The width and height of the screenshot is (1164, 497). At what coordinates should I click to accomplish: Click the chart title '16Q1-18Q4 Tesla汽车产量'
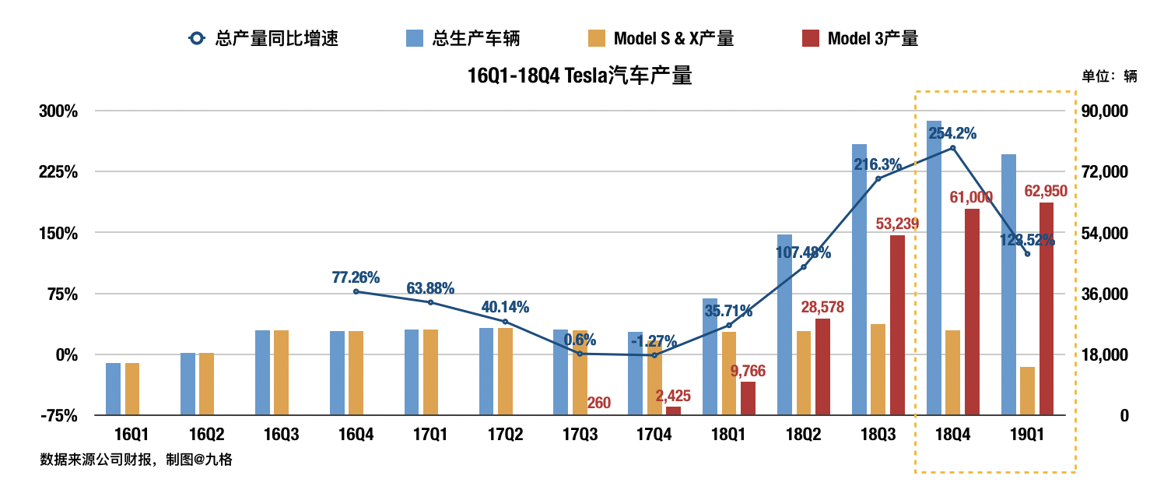coord(579,76)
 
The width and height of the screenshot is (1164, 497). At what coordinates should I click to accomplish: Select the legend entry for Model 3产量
coord(860,37)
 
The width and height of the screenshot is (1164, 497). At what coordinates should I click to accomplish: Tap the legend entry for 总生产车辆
coord(463,37)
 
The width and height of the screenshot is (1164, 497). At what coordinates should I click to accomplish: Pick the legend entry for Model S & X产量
coord(661,37)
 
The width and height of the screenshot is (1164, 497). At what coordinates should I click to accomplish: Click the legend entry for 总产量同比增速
coord(264,37)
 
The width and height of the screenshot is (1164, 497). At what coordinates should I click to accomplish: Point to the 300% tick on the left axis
coord(59,111)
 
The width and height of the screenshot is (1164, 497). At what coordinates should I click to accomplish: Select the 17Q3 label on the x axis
coord(579,434)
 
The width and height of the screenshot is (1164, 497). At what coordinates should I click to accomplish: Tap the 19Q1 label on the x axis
coord(1027,434)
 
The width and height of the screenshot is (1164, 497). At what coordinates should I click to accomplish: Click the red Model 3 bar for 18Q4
coord(972,312)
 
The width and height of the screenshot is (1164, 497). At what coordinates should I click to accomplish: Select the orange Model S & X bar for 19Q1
coord(1027,391)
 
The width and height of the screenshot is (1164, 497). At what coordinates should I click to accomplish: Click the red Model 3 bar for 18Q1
coord(748,398)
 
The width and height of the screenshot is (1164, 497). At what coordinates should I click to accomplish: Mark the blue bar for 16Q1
coord(114,389)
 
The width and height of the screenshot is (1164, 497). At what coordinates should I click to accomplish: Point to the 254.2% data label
coord(952,133)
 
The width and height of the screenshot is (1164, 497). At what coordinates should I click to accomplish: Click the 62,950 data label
coord(1046,191)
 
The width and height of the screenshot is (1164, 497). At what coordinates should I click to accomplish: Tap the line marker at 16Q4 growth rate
coord(356,291)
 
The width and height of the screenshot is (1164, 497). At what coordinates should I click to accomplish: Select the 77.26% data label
coord(356,277)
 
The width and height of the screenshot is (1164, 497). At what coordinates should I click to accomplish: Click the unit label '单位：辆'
coord(1109,76)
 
